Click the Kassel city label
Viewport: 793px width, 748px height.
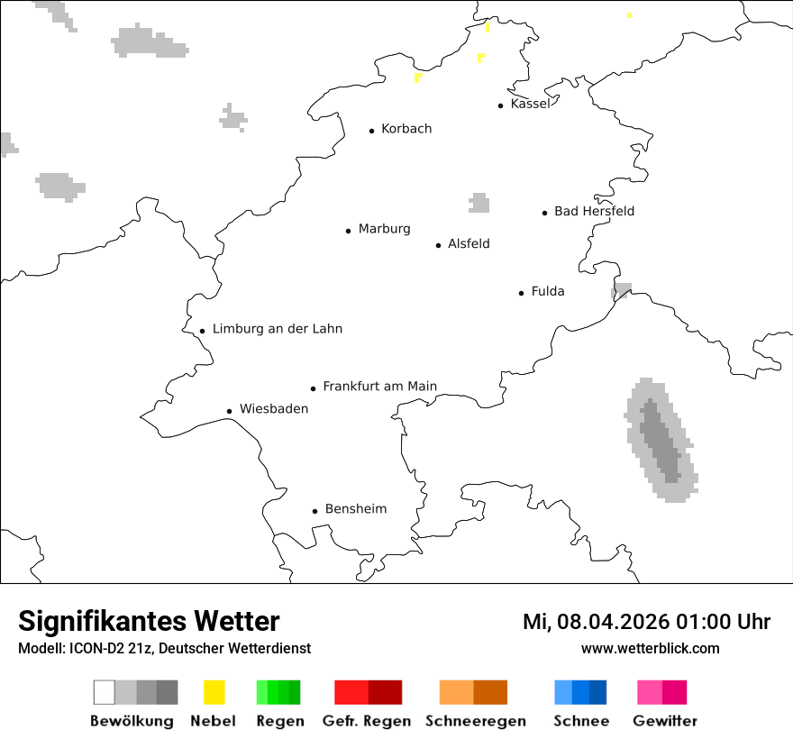(529, 104)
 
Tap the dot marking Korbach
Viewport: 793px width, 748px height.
(371, 131)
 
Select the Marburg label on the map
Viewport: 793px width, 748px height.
(384, 229)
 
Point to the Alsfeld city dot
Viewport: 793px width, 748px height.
(439, 245)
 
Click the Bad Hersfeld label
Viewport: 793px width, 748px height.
(594, 211)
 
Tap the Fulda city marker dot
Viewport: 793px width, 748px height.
(521, 293)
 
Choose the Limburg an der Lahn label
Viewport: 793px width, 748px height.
(277, 329)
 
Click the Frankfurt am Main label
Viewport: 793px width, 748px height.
(379, 387)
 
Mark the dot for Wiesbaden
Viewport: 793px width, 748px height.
(229, 411)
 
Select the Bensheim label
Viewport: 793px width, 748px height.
(355, 509)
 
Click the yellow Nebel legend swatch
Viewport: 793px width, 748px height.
(214, 692)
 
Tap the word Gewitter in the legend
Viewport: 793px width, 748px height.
(664, 721)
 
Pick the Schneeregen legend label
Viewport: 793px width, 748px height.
(475, 721)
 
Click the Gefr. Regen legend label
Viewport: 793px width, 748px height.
(367, 721)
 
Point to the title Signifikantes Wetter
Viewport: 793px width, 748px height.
(149, 621)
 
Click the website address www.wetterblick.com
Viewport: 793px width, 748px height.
(650, 648)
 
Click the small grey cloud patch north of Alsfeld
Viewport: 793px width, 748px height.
(479, 204)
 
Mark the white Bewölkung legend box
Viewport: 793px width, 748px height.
(104, 692)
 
